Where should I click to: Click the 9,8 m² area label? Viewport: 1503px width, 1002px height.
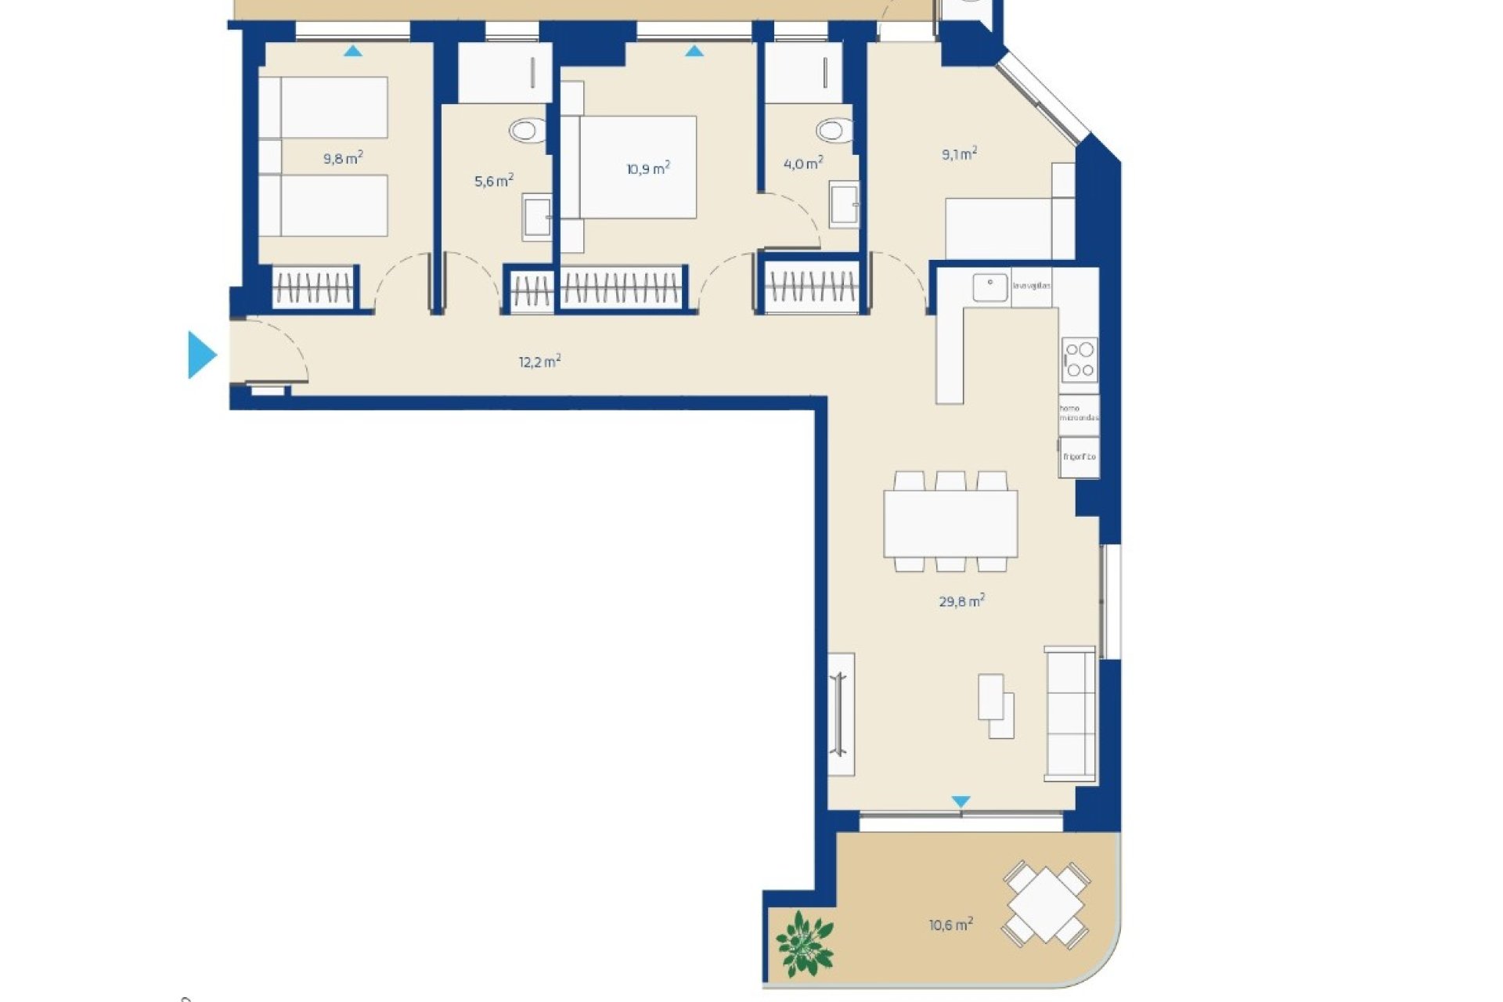[343, 159]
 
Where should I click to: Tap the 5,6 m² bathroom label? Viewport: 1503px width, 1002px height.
[494, 182]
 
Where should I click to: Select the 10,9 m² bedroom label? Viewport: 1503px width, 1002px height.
[648, 168]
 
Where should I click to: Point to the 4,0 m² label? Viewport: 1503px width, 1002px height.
[803, 164]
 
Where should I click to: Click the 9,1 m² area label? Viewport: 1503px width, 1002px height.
[959, 154]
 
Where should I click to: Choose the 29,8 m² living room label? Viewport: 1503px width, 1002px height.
[961, 601]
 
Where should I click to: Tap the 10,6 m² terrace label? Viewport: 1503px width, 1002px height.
[951, 925]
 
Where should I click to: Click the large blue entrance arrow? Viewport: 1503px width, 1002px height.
[201, 355]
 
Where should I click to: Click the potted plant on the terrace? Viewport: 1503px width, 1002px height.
[804, 943]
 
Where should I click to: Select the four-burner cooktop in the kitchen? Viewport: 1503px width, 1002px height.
[1079, 359]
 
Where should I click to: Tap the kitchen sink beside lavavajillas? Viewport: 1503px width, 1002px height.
[990, 287]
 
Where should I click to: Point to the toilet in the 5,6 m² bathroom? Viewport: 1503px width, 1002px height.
[528, 130]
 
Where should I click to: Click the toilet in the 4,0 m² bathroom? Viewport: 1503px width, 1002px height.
[834, 129]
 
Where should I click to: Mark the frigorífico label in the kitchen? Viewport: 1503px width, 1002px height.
[1079, 456]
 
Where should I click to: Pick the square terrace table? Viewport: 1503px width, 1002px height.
[1046, 905]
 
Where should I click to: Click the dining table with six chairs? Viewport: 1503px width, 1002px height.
[950, 522]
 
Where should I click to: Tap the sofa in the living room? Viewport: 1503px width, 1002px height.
[1070, 713]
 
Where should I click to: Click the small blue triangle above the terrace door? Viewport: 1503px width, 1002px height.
[961, 802]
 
